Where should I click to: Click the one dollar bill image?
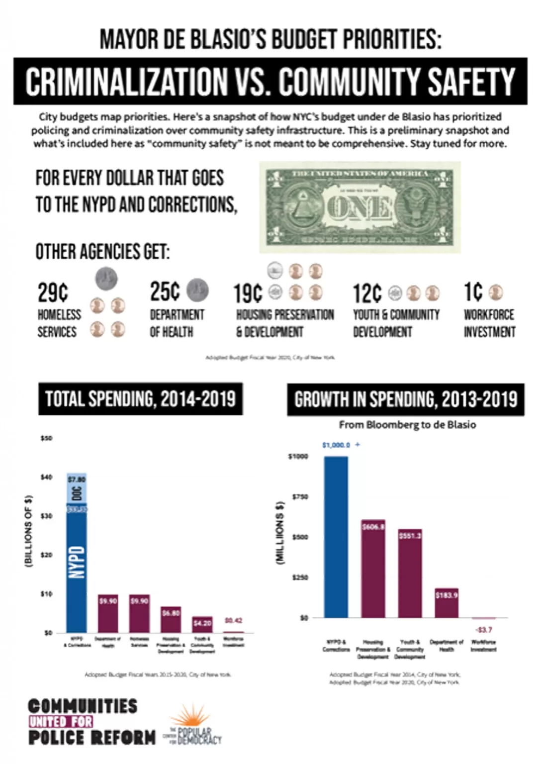[360, 207]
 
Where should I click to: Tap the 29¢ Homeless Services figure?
[52, 292]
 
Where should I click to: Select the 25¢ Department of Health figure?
[165, 291]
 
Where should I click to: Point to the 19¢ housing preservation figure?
[248, 293]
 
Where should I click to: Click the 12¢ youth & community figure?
[367, 293]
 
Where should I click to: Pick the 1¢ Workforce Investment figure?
[473, 292]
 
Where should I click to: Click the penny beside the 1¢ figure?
[496, 292]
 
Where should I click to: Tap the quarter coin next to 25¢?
[197, 290]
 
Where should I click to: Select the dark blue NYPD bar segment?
[77, 567]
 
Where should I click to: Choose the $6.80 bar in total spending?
[171, 619]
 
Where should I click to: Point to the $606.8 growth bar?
[373, 569]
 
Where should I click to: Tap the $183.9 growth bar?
[447, 603]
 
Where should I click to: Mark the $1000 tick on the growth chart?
[298, 456]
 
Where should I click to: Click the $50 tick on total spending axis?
[46, 438]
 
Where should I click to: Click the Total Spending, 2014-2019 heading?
[140, 399]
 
